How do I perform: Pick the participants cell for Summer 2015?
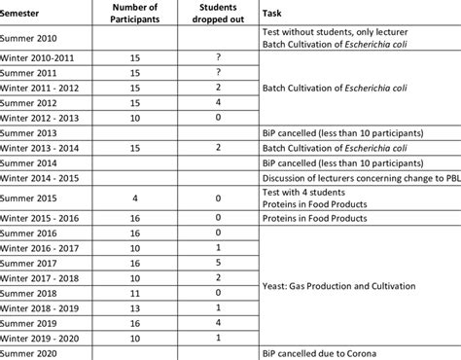pos(137,198)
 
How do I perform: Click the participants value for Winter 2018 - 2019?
pos(137,306)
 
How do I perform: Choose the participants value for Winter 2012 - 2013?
pos(137,117)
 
